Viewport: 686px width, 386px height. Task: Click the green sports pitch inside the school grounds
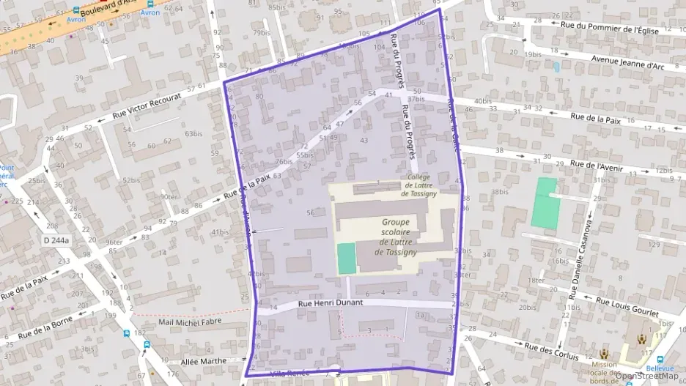(346, 259)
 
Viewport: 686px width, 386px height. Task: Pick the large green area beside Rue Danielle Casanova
(545, 202)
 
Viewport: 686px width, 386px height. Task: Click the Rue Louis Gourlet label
(628, 307)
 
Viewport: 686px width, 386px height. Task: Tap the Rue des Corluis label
(553, 352)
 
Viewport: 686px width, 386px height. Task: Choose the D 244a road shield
(56, 240)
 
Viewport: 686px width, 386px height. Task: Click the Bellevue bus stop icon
(660, 360)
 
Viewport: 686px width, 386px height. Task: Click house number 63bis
(193, 134)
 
